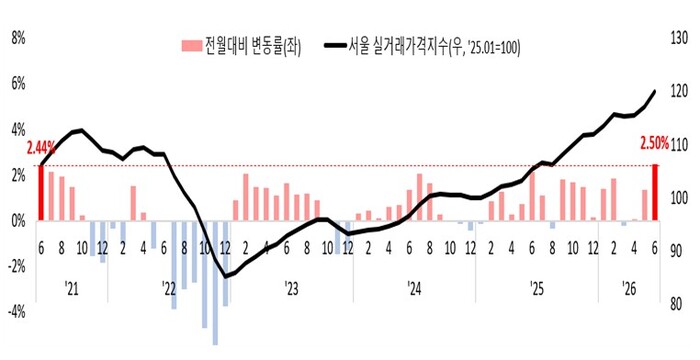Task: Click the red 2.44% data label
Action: click(x=41, y=147)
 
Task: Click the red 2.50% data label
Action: click(x=655, y=144)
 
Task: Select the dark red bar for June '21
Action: click(x=41, y=193)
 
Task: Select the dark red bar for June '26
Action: click(x=655, y=193)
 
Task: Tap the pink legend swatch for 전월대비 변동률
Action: click(x=192, y=46)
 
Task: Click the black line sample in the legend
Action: click(x=334, y=46)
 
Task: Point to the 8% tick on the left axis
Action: click(x=18, y=38)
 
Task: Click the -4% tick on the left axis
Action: click(x=17, y=312)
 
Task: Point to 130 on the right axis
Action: click(x=679, y=38)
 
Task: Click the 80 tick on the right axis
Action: click(x=676, y=304)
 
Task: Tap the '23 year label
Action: click(x=291, y=289)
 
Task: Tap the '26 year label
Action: click(x=629, y=289)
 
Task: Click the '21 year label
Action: click(x=71, y=289)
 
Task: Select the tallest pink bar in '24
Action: click(x=420, y=197)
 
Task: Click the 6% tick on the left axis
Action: click(x=18, y=84)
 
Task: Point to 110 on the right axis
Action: click(x=679, y=145)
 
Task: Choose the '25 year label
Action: click(x=537, y=289)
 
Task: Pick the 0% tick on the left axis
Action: click(x=18, y=221)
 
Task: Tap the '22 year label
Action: click(x=169, y=289)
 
